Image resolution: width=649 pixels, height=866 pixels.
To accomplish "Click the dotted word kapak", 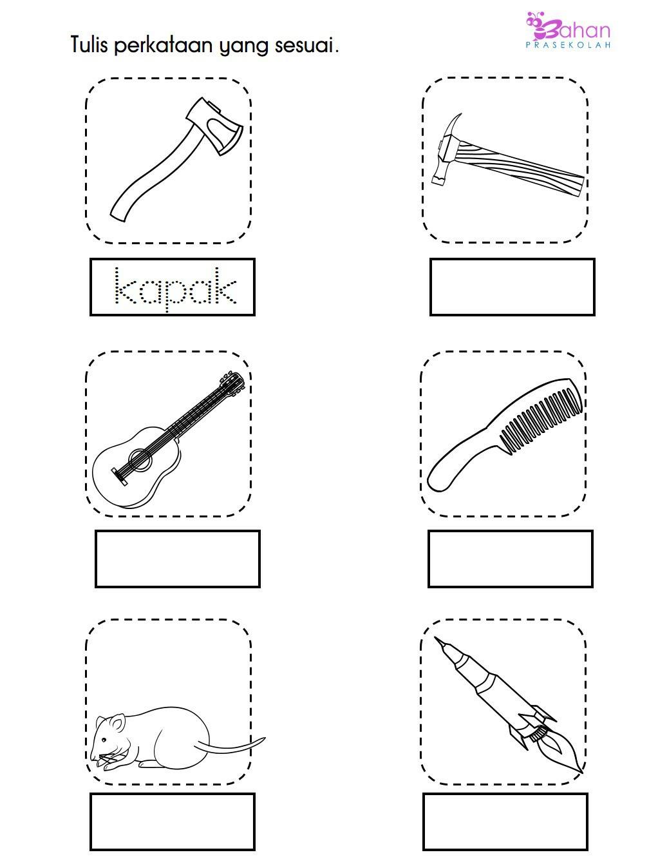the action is (175, 287).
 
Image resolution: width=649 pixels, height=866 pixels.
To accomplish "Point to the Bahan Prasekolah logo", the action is (569, 30).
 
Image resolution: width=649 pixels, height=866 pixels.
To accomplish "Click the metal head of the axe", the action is (216, 126).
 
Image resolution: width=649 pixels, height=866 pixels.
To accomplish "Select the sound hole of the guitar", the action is (140, 459).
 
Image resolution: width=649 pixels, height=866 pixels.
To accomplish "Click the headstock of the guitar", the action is (232, 382).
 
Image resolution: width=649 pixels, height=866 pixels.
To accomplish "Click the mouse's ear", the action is (117, 724).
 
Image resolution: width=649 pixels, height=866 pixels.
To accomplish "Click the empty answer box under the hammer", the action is (513, 287).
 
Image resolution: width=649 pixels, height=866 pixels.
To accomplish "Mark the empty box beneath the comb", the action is (511, 559).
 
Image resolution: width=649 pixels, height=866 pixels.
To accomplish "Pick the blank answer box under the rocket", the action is (505, 822).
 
